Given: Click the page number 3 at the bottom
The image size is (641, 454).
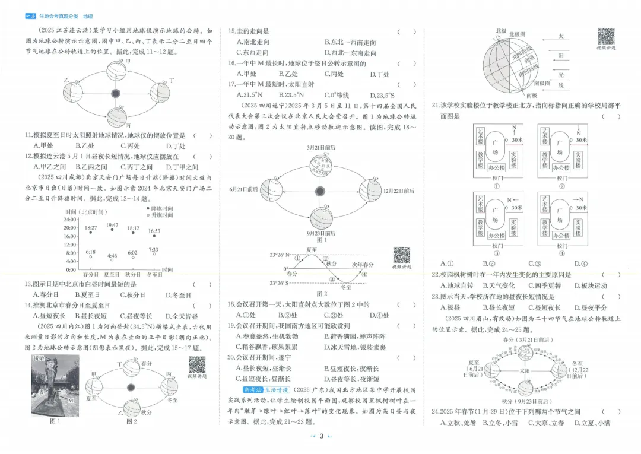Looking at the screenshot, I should point(320,437).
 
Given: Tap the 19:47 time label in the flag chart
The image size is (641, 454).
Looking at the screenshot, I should point(112,226).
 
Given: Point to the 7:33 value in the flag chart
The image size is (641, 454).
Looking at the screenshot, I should point(154,250).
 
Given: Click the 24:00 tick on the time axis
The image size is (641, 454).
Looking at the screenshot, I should point(70,219).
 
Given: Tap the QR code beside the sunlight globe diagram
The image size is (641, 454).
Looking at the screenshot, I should point(605,36).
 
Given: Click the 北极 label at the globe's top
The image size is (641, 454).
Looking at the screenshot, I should point(501,31).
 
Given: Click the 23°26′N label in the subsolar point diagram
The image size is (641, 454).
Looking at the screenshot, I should point(280,255).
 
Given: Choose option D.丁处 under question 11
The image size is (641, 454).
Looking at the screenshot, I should point(176,145).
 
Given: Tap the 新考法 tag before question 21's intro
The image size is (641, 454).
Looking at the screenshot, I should point(253,390).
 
